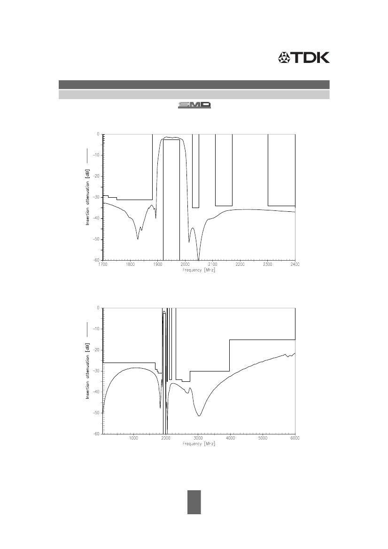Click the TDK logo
[x=303, y=57]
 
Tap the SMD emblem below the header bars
[x=194, y=105]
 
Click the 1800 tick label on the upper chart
[x=130, y=264]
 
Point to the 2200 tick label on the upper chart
[x=240, y=264]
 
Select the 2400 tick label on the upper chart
[x=295, y=264]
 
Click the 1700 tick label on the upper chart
[x=103, y=264]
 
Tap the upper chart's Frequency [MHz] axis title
[x=199, y=270]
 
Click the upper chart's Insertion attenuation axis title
[x=87, y=198]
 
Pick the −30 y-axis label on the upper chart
[x=96, y=197]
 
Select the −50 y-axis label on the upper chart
[x=96, y=239]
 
